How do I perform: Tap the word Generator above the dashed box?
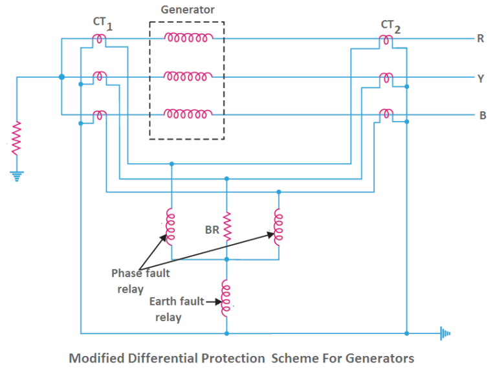coord(187,10)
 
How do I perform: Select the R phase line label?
coord(481,38)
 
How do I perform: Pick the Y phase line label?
coord(481,78)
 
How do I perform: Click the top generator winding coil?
coord(188,38)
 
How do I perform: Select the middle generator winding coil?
coord(188,77)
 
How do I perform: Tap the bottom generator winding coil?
coord(188,115)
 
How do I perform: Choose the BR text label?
coord(212,228)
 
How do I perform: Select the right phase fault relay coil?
coord(278,227)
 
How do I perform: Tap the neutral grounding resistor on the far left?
coord(16,137)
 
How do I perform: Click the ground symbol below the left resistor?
coord(16,175)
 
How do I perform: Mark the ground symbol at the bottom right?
coord(445,334)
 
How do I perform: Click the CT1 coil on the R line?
coord(100,39)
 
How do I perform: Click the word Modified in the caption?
coord(98,358)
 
